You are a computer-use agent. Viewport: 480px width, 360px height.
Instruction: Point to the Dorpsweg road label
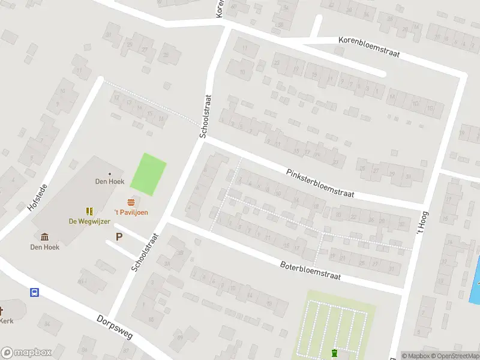point(113,329)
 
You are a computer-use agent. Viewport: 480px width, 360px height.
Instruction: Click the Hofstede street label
point(37,197)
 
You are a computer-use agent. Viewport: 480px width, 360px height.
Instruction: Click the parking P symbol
point(119,236)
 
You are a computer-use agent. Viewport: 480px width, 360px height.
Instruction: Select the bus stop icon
point(35,292)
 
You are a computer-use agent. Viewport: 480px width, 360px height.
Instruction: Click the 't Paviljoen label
point(131,212)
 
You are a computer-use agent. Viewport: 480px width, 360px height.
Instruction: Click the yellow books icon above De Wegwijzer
point(89,211)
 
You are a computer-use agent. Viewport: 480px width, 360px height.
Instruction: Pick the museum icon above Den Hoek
point(44,237)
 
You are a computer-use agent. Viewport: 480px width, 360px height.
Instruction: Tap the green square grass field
point(148,175)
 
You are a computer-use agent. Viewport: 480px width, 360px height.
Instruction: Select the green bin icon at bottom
point(334,352)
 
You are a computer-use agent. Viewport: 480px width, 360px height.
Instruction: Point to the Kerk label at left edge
point(6,321)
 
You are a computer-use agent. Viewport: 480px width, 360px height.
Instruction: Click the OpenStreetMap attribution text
point(454,356)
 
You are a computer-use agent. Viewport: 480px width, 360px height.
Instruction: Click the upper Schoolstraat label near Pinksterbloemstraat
point(206,116)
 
